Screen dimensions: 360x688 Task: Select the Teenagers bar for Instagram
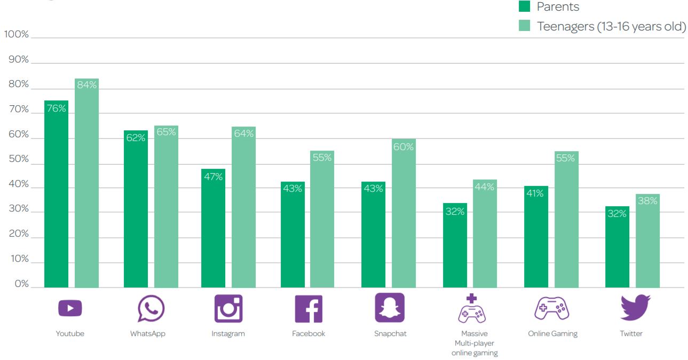(243, 208)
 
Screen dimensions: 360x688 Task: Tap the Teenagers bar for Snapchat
(404, 214)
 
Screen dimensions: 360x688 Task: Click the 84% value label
(86, 84)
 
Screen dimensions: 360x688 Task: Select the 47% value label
(213, 177)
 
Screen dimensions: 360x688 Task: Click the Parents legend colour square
(525, 7)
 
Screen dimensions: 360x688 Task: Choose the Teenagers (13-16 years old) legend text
(611, 26)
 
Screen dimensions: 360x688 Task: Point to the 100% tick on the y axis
(17, 35)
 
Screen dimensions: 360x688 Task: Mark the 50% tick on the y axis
(19, 160)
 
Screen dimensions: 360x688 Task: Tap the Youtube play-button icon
(70, 309)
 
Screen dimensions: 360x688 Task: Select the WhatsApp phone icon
(151, 309)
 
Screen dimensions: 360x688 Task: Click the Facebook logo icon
(309, 309)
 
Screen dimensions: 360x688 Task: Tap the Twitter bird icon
(635, 308)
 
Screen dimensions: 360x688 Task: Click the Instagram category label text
(228, 334)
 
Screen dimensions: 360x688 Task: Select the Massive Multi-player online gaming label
(475, 343)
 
